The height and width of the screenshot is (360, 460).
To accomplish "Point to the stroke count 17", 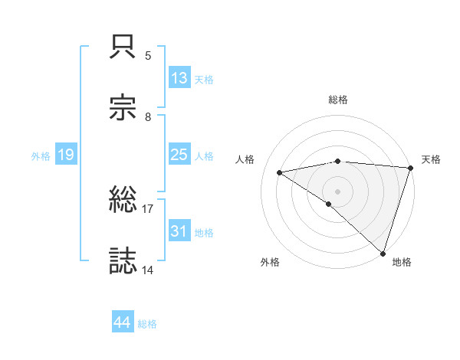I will (x=148, y=208).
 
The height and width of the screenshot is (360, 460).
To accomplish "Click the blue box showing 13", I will (x=179, y=78).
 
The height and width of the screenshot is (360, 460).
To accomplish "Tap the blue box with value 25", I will (x=179, y=155).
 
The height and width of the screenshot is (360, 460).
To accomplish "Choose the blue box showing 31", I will (x=179, y=231).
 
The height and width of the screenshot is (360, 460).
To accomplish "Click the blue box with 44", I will (x=123, y=322).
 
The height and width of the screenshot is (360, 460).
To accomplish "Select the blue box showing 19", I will (x=66, y=155).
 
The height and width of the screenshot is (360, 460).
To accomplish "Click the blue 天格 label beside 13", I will (x=204, y=80).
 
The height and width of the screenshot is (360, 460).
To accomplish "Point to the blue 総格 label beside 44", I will (x=147, y=324).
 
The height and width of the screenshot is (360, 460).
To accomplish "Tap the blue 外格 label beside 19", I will (x=41, y=156).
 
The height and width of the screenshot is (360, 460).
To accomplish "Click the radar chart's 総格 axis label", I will (x=338, y=100).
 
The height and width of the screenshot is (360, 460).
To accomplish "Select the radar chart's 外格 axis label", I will (x=270, y=263).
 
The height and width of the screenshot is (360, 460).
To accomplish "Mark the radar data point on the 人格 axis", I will (x=280, y=172).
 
